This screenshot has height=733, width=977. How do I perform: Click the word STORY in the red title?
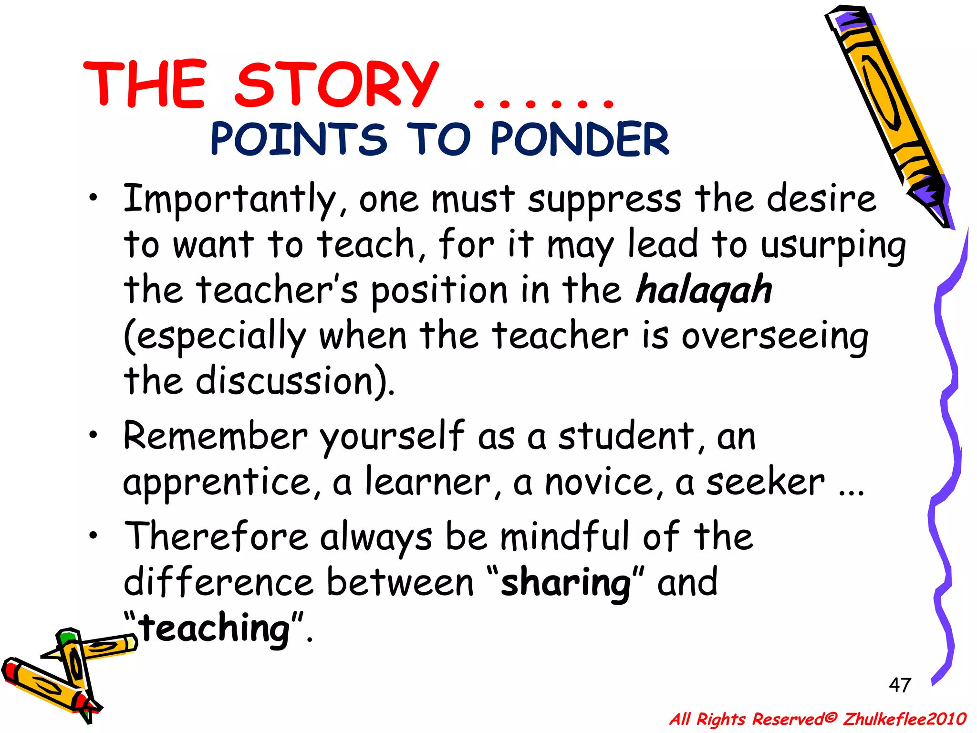(x=337, y=85)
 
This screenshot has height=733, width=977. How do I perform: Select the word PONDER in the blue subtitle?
(x=580, y=139)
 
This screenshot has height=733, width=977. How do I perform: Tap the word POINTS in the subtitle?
(x=299, y=139)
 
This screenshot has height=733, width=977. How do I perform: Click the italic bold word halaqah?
(x=704, y=290)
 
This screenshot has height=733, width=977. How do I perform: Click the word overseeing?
(x=775, y=337)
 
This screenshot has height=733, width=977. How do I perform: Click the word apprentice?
(x=218, y=483)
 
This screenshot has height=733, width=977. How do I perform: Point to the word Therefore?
(x=216, y=536)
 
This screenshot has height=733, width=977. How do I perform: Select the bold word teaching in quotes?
(x=215, y=629)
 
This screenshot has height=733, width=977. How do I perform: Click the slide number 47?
(x=900, y=685)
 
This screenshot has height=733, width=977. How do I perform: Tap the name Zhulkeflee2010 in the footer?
(x=904, y=719)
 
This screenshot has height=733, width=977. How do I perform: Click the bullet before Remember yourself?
(x=95, y=435)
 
